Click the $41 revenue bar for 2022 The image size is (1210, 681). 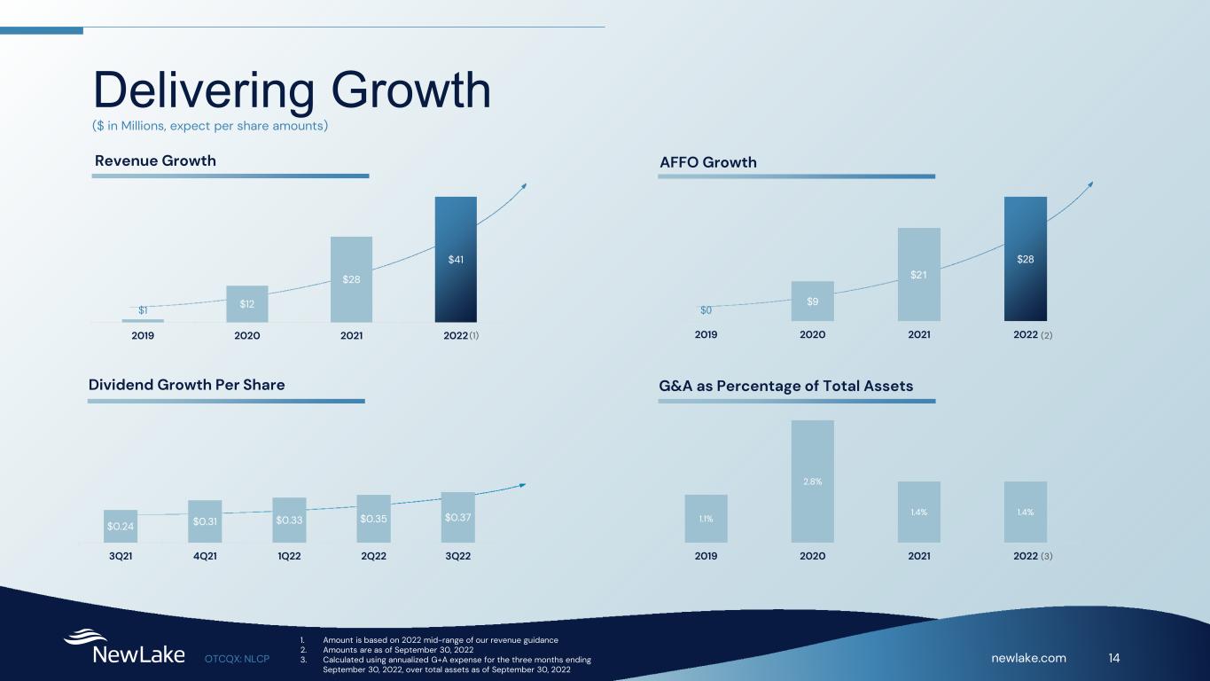tap(456, 259)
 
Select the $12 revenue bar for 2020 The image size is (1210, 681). tap(246, 303)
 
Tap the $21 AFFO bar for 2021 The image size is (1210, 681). tap(918, 274)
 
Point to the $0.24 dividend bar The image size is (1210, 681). tap(121, 526)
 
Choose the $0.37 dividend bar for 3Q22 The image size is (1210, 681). tap(457, 517)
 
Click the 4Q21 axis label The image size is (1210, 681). tap(205, 556)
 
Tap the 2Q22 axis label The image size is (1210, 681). tap(373, 556)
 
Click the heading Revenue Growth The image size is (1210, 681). tap(155, 160)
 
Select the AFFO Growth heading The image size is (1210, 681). tap(707, 162)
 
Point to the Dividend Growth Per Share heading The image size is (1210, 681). tap(186, 385)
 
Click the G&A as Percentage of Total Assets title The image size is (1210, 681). tap(785, 386)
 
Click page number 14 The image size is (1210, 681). tap(1114, 657)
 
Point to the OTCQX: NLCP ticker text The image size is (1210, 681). tap(237, 658)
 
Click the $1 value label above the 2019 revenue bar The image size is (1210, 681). tap(143, 309)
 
